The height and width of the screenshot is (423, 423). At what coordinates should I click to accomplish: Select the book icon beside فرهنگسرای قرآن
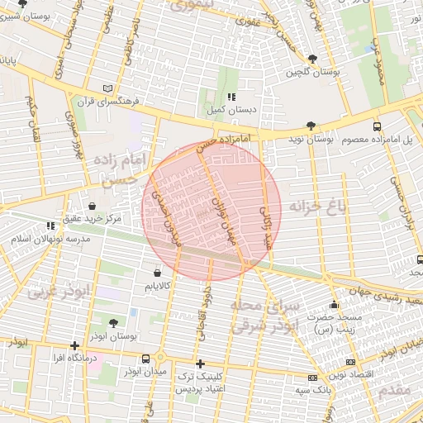coord(107,88)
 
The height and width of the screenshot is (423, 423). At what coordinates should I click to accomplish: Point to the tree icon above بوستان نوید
coord(311,126)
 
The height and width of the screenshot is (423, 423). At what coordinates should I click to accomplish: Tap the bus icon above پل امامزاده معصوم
coord(377,126)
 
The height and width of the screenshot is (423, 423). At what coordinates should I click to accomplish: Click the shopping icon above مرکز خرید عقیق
coord(91,206)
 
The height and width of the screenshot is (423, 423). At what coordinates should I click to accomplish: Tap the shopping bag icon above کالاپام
coord(157,272)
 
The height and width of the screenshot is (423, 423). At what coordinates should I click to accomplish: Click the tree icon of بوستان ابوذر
coord(113,323)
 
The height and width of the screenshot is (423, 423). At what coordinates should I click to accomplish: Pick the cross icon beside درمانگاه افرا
coord(76,345)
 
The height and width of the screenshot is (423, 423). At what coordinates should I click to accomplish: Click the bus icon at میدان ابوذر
coord(146,359)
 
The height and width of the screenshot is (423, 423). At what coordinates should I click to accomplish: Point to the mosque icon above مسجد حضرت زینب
coord(334,304)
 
